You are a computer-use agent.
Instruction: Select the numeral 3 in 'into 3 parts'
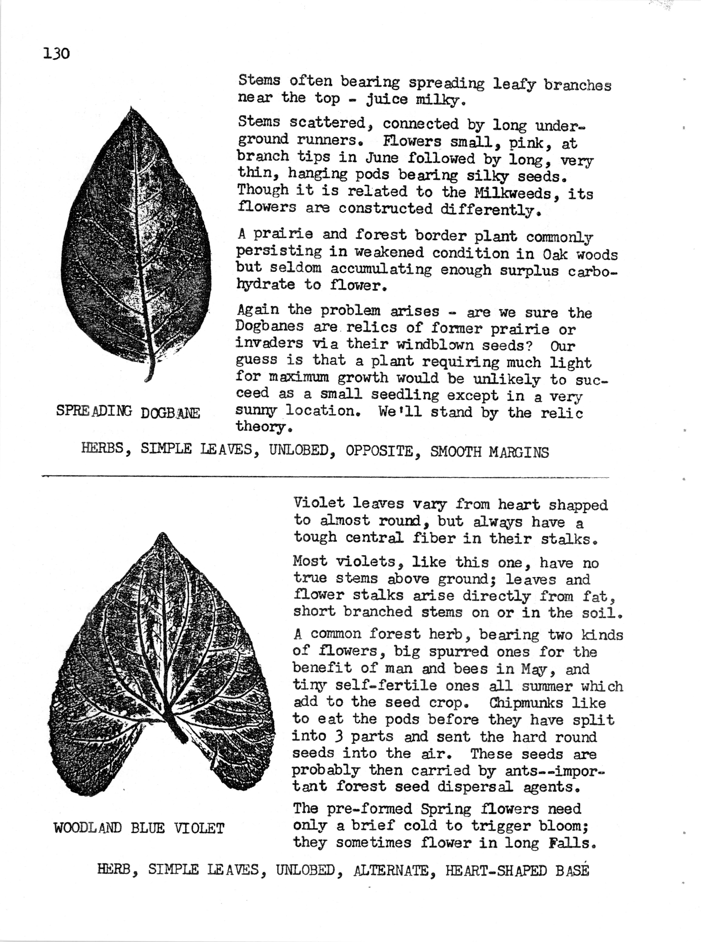click(339, 736)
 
